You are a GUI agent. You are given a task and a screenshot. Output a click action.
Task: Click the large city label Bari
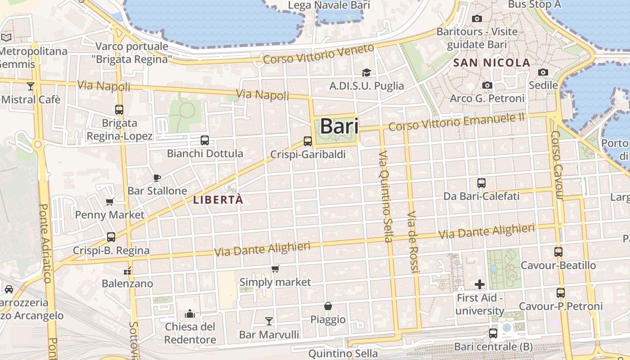click(339, 126)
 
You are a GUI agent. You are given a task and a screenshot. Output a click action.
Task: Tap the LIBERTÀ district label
click(218, 200)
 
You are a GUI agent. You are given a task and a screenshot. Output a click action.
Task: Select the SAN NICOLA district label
click(492, 63)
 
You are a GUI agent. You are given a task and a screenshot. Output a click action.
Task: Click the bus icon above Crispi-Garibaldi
click(308, 141)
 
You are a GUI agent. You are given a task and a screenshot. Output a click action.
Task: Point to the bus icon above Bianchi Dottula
click(205, 140)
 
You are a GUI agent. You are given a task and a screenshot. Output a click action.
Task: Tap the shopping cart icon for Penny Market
click(109, 202)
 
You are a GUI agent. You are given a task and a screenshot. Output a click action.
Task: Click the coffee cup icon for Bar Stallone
click(157, 178)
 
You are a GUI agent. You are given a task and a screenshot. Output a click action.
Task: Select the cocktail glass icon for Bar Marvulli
click(269, 321)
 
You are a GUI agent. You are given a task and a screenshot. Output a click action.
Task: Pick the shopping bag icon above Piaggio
click(328, 306)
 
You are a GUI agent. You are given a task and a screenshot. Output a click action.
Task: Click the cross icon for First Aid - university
click(480, 284)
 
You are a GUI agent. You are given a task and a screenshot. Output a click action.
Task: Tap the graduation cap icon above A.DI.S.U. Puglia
click(366, 72)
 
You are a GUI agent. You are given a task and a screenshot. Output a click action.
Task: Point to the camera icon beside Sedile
click(543, 72)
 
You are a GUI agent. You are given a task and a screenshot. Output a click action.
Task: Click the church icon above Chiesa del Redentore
click(190, 313)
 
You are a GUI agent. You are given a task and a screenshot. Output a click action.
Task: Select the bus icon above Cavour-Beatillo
click(558, 252)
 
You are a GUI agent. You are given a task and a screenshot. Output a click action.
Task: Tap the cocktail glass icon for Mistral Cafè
click(30, 86)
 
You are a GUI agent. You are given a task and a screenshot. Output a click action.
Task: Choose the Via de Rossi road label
click(413, 242)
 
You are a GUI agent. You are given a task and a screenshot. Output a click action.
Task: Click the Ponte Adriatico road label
click(45, 243)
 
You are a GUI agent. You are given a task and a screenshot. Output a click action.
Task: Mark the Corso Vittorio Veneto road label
click(319, 54)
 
